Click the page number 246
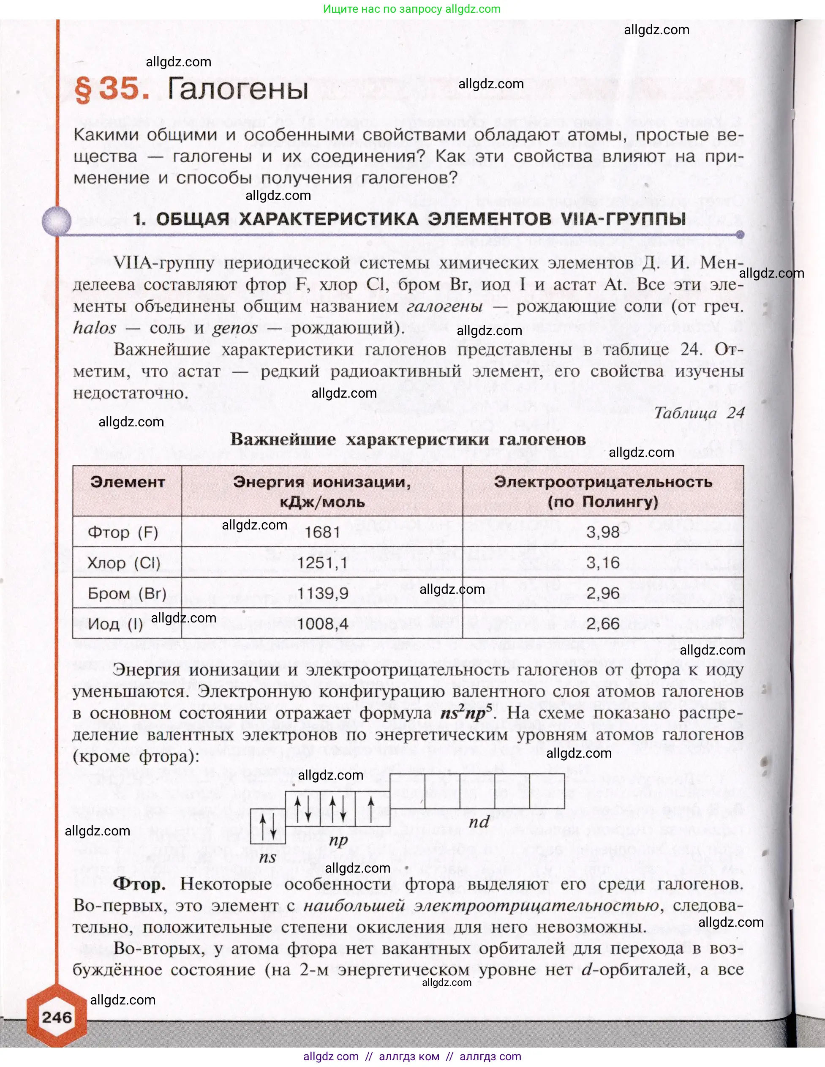(x=57, y=1017)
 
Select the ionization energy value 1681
(x=322, y=532)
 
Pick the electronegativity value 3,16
(x=602, y=562)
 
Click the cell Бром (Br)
(x=127, y=593)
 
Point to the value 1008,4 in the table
(x=322, y=623)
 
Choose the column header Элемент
(x=127, y=482)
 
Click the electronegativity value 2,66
(x=602, y=623)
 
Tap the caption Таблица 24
(x=699, y=413)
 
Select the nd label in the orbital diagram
(x=478, y=822)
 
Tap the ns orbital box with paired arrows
(x=268, y=826)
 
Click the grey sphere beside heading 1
(x=57, y=221)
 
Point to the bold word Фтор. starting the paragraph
(x=139, y=883)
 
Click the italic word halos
(x=95, y=328)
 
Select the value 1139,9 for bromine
(x=322, y=593)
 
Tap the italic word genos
(x=234, y=328)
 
